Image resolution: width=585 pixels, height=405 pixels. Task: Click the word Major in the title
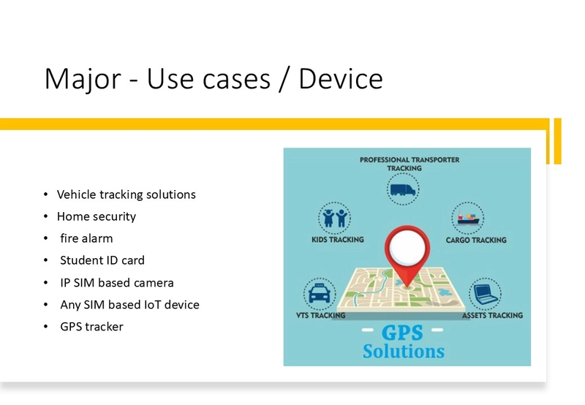[x=83, y=79]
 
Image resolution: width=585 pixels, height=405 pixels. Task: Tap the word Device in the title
[x=341, y=79]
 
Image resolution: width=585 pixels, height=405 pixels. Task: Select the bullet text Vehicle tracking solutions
[x=126, y=194]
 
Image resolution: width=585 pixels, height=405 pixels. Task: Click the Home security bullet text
[x=97, y=216]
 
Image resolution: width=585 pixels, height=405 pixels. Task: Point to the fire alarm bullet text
[x=86, y=238]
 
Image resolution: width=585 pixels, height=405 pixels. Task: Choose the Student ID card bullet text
[x=102, y=260]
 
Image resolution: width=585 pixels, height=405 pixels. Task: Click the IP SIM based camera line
[x=117, y=283]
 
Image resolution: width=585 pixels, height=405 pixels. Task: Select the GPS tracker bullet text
[x=92, y=327]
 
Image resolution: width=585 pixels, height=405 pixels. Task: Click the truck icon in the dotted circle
[x=403, y=189]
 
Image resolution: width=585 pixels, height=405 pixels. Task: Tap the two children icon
[x=335, y=218]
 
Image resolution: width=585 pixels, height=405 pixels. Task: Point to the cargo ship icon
[x=468, y=218]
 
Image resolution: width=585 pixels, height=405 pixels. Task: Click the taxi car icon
[x=320, y=293]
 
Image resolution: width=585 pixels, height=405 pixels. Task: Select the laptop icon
[x=485, y=295]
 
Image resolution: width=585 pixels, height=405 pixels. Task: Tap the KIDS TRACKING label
[x=338, y=240]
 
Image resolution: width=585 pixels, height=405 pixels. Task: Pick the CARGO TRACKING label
[x=476, y=240]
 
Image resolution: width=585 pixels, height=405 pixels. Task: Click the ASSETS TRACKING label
[x=492, y=316]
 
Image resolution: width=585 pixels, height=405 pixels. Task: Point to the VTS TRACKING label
[x=321, y=316]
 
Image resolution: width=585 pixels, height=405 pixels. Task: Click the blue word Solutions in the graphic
[x=404, y=352]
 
